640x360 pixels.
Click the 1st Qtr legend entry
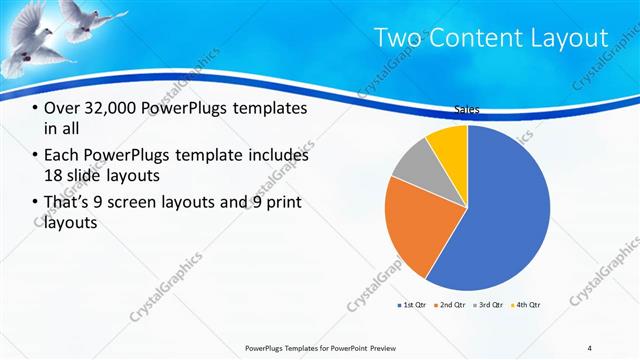(x=414, y=304)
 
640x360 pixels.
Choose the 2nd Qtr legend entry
(x=453, y=304)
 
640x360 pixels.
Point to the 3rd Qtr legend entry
(x=490, y=304)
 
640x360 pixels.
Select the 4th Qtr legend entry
(x=527, y=304)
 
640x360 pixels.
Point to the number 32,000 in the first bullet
(x=113, y=107)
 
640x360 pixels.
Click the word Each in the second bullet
(x=62, y=155)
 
